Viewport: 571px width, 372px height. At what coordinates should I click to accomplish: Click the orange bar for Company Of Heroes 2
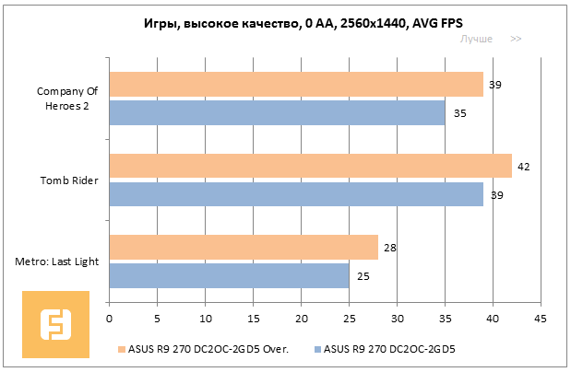tap(296, 85)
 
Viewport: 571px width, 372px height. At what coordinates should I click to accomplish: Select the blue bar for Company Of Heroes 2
tap(277, 113)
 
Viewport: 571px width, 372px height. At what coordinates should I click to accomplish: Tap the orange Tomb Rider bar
tap(310, 166)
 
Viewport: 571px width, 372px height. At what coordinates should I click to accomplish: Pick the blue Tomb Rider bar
tap(296, 194)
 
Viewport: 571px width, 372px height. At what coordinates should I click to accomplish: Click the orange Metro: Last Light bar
tap(244, 247)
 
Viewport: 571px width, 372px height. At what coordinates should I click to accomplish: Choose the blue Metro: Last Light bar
tap(229, 275)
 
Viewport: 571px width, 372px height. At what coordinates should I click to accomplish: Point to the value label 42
tap(523, 167)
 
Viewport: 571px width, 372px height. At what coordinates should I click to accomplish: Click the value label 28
tap(389, 248)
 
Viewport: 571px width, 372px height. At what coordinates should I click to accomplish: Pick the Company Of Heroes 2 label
tap(66, 98)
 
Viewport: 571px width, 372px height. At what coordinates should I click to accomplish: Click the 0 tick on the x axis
tap(110, 319)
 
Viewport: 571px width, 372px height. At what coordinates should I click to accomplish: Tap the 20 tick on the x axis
tap(301, 319)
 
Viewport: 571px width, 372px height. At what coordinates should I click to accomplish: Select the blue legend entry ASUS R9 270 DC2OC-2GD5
tap(391, 350)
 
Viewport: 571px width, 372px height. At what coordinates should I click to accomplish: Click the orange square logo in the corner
tap(56, 324)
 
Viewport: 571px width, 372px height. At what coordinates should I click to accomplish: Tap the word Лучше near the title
tap(476, 39)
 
